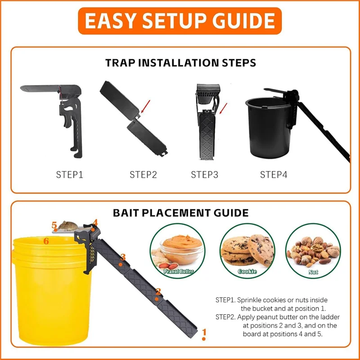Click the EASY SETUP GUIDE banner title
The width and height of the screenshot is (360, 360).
click(x=180, y=20)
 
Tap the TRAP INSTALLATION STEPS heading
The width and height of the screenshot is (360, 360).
click(x=180, y=63)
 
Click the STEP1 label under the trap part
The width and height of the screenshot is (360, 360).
click(x=69, y=175)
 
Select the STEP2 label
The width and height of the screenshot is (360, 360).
click(x=143, y=175)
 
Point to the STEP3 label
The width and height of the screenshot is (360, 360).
click(x=204, y=175)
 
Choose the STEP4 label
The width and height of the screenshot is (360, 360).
click(x=273, y=175)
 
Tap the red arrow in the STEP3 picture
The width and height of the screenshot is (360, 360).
click(x=224, y=108)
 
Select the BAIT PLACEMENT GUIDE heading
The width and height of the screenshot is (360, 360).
click(x=180, y=212)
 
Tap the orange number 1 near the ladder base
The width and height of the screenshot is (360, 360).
click(x=204, y=333)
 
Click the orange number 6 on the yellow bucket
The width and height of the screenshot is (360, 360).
click(x=46, y=241)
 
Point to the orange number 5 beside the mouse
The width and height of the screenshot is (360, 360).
click(x=54, y=225)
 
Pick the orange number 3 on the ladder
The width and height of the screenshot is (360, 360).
click(x=123, y=257)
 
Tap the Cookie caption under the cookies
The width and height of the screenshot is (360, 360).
click(x=247, y=271)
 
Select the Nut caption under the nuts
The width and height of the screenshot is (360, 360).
click(x=313, y=272)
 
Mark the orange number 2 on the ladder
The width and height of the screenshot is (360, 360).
click(x=158, y=292)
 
